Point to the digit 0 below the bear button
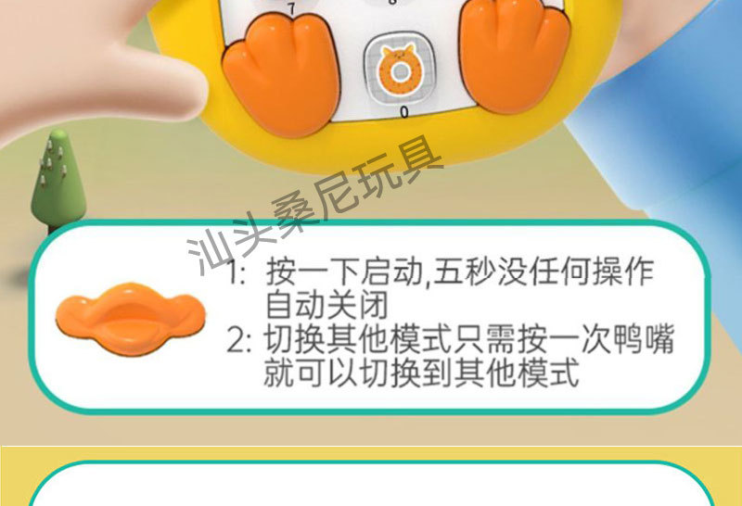point(403,112)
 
